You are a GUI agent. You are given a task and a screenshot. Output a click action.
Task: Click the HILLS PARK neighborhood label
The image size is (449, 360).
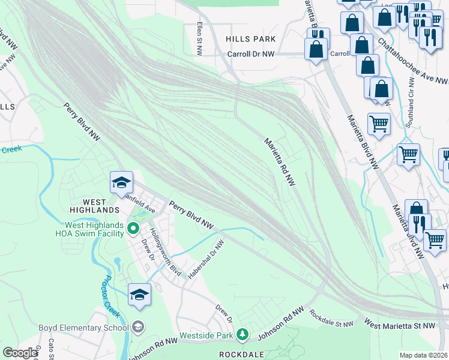pyautogui.click(x=250, y=39)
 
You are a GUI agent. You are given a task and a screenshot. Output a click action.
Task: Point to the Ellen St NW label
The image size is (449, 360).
pyautogui.click(x=199, y=36)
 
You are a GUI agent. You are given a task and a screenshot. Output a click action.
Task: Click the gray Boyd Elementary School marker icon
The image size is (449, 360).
pyautogui.click(x=138, y=327)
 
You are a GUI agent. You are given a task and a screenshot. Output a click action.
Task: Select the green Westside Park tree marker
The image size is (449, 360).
pyautogui.click(x=242, y=334)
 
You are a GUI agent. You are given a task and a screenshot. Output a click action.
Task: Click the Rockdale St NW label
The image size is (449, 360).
pyautogui.click(x=331, y=319)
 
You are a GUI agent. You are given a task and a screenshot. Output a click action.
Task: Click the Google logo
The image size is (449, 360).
pyautogui.click(x=20, y=353)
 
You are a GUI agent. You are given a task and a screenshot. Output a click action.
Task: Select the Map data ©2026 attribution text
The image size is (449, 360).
pyautogui.click(x=424, y=355)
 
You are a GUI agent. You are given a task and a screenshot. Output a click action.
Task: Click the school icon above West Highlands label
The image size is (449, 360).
pyautogui.click(x=121, y=182)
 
